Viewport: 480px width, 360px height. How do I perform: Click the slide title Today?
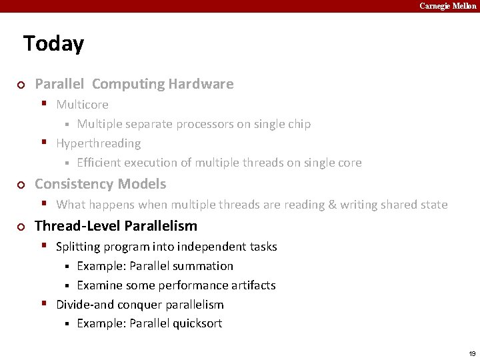pos(53,44)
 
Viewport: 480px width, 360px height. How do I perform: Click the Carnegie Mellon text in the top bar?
pos(448,6)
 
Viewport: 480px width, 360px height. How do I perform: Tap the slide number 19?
pos(472,353)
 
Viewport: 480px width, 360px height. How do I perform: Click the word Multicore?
pos(82,105)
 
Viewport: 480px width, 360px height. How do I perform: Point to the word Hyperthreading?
pos(98,143)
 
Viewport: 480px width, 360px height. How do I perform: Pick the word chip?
pos(298,124)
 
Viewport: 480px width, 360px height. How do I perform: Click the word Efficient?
pos(99,163)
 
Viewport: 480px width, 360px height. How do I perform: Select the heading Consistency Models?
pos(100,184)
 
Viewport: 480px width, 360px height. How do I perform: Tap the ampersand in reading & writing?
pos(332,205)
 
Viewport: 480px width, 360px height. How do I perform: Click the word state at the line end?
pos(432,205)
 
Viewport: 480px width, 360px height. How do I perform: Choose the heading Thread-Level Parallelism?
pos(116,226)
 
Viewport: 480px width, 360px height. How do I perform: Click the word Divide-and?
pos(85,305)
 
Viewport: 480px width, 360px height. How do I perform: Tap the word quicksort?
pos(197,324)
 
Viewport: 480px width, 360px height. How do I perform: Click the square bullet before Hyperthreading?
pos(44,142)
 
